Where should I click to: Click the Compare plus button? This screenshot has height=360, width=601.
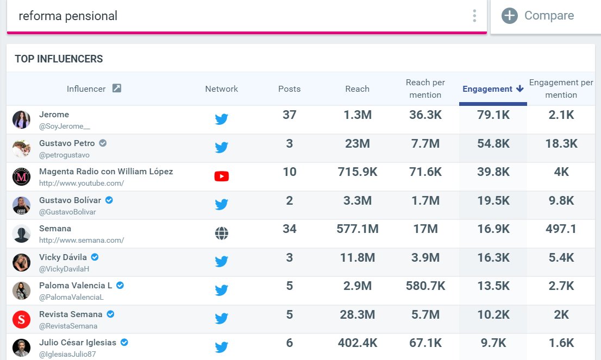tap(509, 16)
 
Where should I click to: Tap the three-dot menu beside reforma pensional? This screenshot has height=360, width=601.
tap(474, 16)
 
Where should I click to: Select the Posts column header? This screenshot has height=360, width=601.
tap(290, 89)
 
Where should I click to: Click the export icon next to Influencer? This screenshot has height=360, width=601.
tap(116, 89)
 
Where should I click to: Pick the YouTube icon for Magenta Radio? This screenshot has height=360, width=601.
tap(222, 176)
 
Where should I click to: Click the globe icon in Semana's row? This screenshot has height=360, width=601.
tap(222, 233)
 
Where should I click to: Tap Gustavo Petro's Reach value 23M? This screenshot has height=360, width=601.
tap(357, 143)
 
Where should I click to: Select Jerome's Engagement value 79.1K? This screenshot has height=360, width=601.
tap(493, 115)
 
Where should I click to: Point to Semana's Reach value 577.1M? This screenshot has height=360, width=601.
tap(357, 229)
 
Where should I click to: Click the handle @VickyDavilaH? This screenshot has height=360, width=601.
tap(64, 269)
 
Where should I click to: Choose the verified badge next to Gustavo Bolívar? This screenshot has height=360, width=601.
tap(109, 200)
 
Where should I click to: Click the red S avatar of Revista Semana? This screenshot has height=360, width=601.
tap(22, 319)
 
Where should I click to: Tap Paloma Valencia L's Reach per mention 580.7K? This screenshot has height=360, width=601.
tap(425, 286)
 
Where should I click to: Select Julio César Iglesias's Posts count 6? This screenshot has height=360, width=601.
tap(290, 343)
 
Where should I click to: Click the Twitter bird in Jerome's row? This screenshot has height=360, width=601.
tap(222, 119)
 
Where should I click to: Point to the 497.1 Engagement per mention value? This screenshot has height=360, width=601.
tap(561, 229)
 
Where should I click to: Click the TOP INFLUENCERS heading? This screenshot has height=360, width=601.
tap(59, 59)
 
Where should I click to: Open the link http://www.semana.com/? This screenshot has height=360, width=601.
tap(82, 240)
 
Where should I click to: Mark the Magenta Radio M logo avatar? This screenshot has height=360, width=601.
tap(22, 176)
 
